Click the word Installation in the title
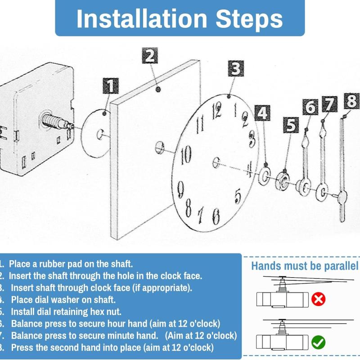[x=142, y=18]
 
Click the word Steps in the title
[x=249, y=19]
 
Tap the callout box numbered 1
[x=111, y=85]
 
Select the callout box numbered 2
[x=150, y=55]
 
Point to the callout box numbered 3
[x=236, y=69]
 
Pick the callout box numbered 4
[x=262, y=113]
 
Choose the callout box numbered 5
[x=291, y=125]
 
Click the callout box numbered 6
[x=310, y=107]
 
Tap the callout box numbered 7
[x=329, y=104]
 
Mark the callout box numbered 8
[x=351, y=101]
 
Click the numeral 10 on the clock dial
[x=186, y=155]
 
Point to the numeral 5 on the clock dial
[x=238, y=196]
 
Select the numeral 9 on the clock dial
[x=181, y=189]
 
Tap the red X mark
[x=318, y=299]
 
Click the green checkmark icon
[x=318, y=342]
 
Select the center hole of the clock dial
[x=216, y=162]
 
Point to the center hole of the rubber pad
[x=100, y=134]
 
